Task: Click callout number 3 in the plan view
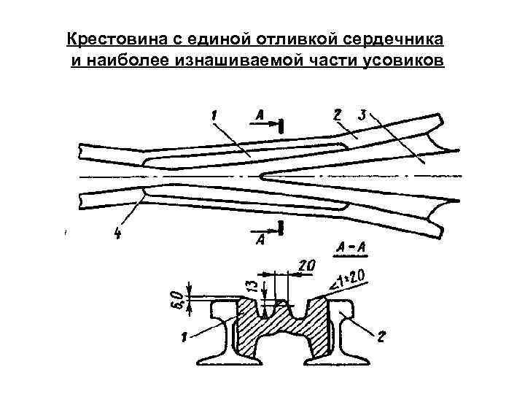362,116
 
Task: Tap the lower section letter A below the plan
260,239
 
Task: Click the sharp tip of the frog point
260,175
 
